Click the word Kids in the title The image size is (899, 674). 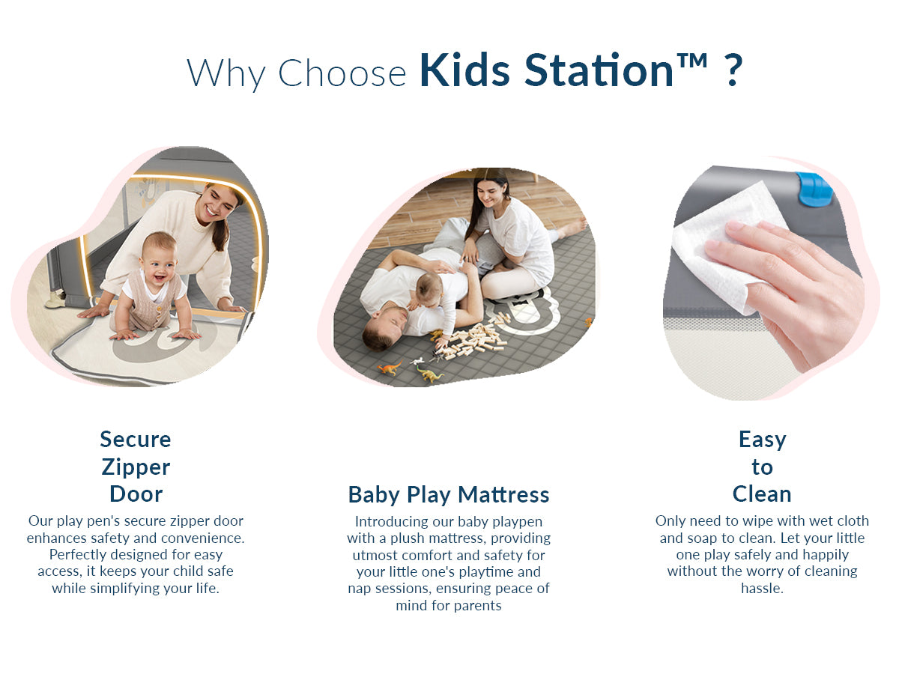point(465,70)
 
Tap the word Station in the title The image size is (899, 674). point(599,70)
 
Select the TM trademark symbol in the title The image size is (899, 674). point(692,61)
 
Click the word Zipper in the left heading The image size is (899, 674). point(136,467)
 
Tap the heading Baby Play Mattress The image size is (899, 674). point(449,494)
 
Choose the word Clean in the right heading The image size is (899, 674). point(762,494)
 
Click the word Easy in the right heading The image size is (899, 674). point(762,440)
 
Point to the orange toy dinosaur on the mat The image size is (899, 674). point(390,368)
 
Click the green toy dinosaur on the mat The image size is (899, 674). point(429,374)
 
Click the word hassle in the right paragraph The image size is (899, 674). point(762,588)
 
